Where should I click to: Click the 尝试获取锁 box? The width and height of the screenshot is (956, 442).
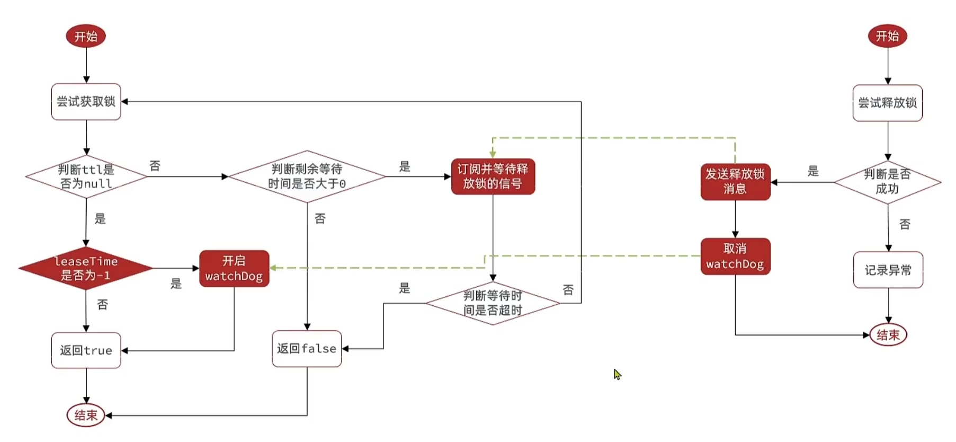[x=86, y=102]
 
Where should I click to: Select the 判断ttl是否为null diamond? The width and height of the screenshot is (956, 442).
[x=86, y=176]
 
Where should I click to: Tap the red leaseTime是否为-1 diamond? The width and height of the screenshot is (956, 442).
[x=86, y=268]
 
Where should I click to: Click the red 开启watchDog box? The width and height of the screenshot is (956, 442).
[x=234, y=269]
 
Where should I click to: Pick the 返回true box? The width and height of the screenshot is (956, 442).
[x=86, y=350]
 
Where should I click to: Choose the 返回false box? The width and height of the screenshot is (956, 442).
[x=307, y=349]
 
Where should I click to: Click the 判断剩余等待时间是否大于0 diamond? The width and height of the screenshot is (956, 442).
[x=307, y=176]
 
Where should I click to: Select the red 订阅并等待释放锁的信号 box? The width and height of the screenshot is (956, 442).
[x=493, y=176]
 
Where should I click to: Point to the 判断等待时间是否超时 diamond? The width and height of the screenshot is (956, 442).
[x=493, y=303]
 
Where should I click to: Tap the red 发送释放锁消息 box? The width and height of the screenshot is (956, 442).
[x=735, y=182]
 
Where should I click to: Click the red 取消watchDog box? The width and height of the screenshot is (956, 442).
[x=735, y=257]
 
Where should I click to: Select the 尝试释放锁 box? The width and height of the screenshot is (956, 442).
[x=887, y=103]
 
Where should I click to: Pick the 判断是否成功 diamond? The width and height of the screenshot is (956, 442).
[x=887, y=182]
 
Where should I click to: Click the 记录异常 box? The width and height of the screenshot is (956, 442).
[x=888, y=270]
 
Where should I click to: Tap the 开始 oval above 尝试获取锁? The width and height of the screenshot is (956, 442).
[x=86, y=37]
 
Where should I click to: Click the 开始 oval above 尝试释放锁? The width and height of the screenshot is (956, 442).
[x=887, y=36]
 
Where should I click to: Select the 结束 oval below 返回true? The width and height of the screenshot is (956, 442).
[x=86, y=416]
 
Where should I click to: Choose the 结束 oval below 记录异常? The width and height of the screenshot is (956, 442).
[x=888, y=335]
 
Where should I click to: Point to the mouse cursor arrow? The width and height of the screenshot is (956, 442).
[x=617, y=374]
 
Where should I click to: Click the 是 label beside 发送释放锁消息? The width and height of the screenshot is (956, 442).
[x=813, y=171]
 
